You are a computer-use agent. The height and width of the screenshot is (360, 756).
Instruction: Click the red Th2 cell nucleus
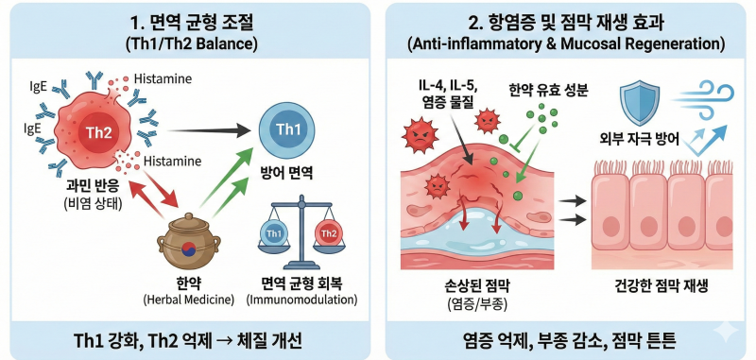(x=99, y=132)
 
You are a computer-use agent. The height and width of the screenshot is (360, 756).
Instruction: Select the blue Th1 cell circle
(x=287, y=130)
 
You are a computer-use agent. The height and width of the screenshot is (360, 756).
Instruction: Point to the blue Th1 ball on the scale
(x=274, y=234)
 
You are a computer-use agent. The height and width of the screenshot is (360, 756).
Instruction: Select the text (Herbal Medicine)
(x=188, y=300)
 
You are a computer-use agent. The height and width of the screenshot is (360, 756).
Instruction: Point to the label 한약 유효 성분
(x=548, y=91)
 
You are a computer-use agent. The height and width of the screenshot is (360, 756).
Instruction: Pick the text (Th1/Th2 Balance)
(x=191, y=44)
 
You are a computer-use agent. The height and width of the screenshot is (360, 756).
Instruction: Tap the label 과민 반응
(x=93, y=188)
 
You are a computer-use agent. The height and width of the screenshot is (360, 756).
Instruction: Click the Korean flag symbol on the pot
(x=188, y=249)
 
